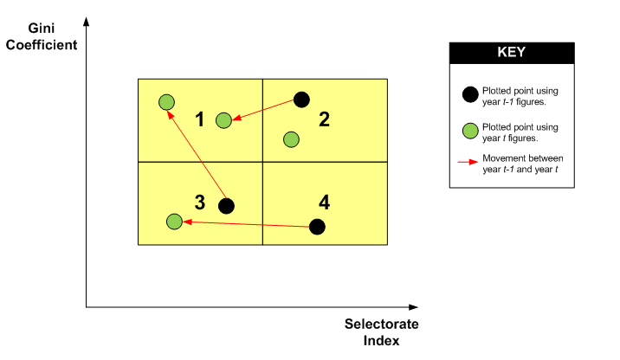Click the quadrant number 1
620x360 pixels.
(x=199, y=119)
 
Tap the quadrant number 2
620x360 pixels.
(x=324, y=119)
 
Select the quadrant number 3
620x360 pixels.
(x=199, y=202)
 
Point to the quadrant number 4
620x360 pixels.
(x=324, y=202)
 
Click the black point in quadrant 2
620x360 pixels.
(x=301, y=100)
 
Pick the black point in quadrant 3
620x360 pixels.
(x=226, y=206)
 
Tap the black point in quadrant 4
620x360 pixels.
(x=317, y=227)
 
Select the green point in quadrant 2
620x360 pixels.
(x=292, y=139)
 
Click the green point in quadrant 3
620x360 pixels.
(x=174, y=222)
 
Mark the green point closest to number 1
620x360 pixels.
(x=223, y=120)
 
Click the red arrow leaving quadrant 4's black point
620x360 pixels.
(x=247, y=224)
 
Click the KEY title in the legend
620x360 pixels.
(x=510, y=52)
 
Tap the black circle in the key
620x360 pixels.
(x=470, y=93)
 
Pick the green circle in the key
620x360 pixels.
(x=470, y=132)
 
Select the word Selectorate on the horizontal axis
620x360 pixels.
(x=381, y=325)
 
